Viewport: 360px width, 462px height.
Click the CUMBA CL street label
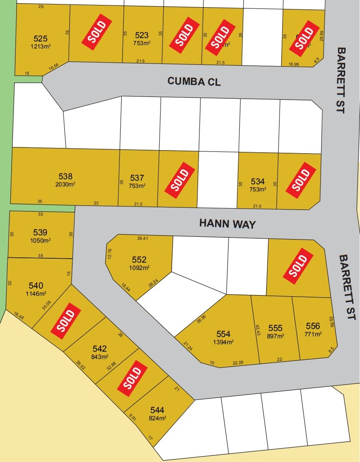point(194,81)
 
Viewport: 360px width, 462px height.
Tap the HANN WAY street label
point(227,223)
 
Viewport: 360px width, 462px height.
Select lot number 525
point(41,38)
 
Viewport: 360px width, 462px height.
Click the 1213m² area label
point(41,46)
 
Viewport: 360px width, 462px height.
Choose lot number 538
point(65,176)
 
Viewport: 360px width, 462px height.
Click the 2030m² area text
point(65,184)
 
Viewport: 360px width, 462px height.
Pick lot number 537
point(137,178)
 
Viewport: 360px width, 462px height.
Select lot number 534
point(258,181)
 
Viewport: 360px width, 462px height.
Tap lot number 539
point(40,232)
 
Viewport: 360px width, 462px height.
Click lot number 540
point(36,286)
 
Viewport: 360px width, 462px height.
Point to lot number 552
point(139,260)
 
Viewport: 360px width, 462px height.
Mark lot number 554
point(223,334)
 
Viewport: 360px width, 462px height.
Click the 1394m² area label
point(223,341)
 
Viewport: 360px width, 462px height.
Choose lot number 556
point(313,326)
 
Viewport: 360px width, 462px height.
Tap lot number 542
point(100,349)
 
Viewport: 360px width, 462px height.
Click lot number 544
point(157,410)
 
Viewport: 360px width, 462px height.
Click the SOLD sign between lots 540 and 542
point(66,319)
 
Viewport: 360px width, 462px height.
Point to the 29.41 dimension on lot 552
point(142,239)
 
